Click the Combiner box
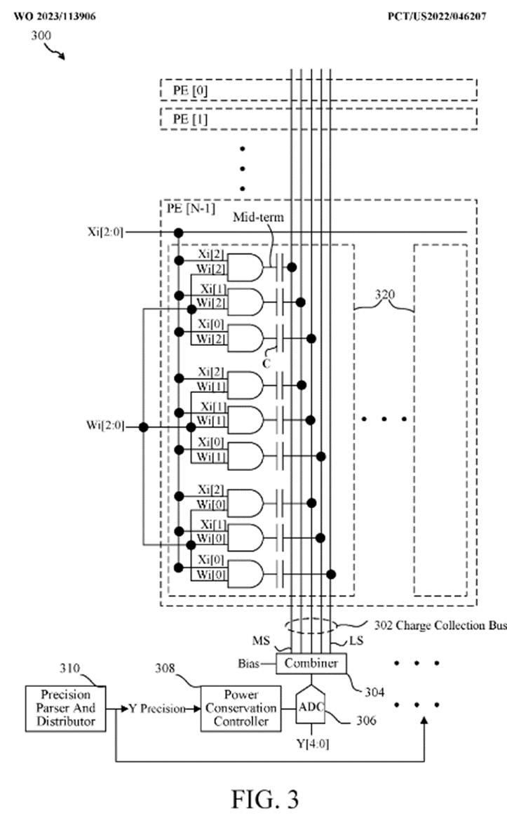click(312, 663)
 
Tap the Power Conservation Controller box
click(239, 708)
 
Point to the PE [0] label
click(190, 91)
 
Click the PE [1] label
click(190, 119)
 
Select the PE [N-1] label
click(196, 208)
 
